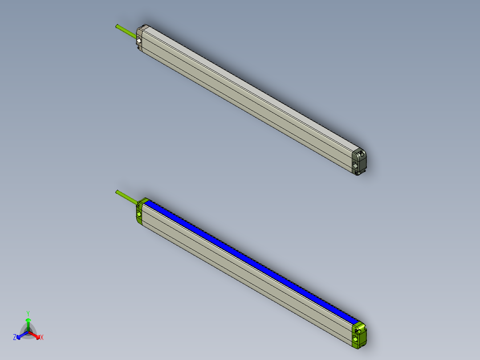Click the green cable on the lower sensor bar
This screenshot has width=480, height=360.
(126, 197)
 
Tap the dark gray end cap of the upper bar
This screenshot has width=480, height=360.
(360, 161)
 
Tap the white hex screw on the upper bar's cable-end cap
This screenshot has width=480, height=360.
(139, 41)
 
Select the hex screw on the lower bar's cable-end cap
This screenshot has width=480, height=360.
(139, 214)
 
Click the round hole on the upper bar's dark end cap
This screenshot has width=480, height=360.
(361, 155)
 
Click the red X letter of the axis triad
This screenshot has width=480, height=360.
(42, 338)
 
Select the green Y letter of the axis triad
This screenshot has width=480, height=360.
(28, 313)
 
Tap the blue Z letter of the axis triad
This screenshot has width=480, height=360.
(15, 338)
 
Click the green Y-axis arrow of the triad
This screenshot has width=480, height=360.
(28, 323)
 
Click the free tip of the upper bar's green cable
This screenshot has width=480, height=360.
(117, 26)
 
